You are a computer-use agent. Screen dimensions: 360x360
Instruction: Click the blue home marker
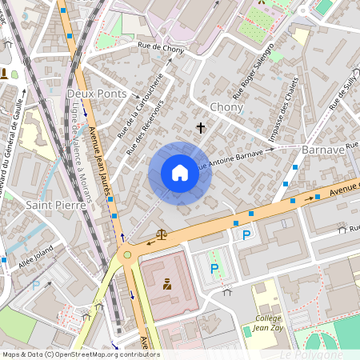coord(180,173)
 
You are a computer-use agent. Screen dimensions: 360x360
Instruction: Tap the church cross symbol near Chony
coord(200,127)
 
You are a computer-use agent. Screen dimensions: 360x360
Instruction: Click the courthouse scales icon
coord(162,235)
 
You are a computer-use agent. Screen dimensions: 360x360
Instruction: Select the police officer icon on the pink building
coord(167,284)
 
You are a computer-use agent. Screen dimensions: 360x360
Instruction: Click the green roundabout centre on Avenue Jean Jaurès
coord(126,256)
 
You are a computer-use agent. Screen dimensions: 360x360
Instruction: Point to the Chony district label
coord(226,106)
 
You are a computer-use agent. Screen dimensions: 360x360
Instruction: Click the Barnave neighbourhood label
coord(323,150)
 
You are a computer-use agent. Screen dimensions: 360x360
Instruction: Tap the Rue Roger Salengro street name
coord(253,67)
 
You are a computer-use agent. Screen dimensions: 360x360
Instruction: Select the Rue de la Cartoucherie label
coord(139,106)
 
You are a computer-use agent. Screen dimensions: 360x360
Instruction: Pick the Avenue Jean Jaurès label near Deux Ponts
coord(100,157)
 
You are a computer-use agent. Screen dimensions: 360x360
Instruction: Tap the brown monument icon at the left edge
coord(5,74)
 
